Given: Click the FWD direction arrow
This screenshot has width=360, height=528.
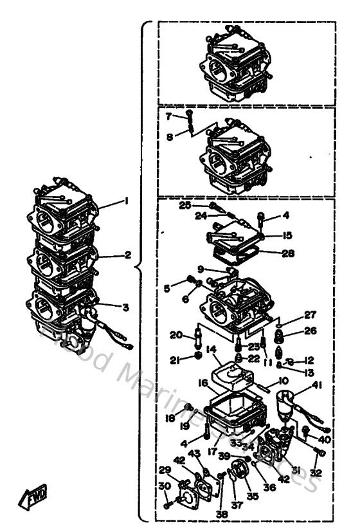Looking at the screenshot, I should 31,496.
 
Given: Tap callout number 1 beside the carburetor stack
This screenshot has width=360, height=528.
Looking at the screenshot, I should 127,200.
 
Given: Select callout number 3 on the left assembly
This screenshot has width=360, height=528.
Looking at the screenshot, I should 127,308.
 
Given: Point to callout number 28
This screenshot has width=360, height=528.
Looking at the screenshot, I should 287,253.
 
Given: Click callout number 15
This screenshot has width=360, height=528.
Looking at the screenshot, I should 287,235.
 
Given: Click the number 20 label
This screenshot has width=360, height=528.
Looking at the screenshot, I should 175,334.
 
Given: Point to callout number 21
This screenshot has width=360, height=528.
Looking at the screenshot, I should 174,361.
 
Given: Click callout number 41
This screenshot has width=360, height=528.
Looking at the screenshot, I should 316,385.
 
